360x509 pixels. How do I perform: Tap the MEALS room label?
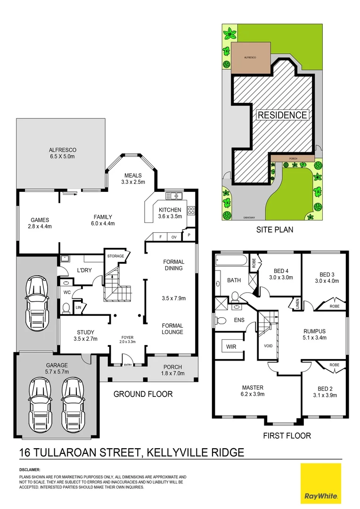133,178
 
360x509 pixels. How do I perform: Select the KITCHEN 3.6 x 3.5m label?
170,213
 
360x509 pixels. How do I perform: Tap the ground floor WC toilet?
66,308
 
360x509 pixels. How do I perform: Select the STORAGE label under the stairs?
115,256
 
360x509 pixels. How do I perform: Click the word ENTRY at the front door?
128,364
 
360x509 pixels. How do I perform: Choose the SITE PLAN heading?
274,230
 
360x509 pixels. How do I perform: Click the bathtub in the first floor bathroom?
231,262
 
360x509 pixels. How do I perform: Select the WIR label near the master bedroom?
231,347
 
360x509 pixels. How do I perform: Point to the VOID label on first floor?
268,345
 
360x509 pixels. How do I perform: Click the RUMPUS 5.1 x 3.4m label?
314,334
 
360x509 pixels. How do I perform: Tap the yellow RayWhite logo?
320,483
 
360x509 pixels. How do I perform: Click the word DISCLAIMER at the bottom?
30,470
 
